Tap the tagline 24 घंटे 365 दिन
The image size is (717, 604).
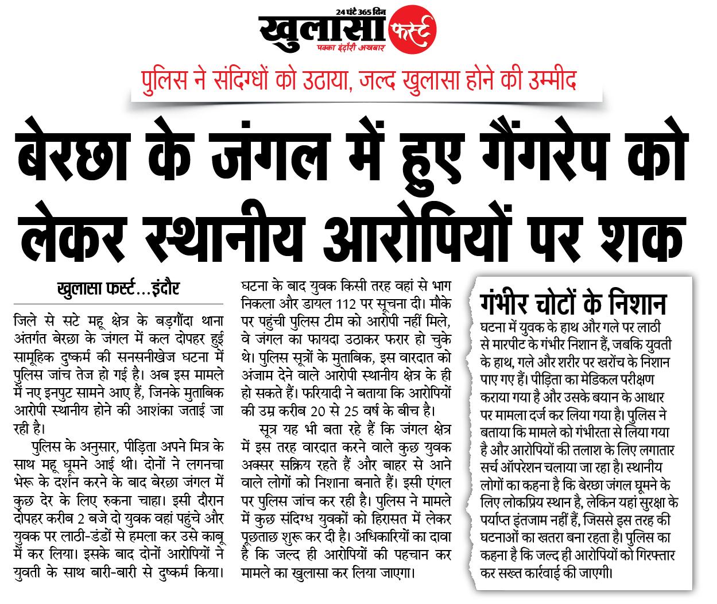[x=361, y=12]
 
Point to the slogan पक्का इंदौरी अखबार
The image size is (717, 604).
[x=351, y=48]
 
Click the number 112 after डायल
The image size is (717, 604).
[x=346, y=304]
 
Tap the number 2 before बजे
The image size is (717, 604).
[x=81, y=518]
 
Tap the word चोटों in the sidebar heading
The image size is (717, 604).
[x=556, y=303]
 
